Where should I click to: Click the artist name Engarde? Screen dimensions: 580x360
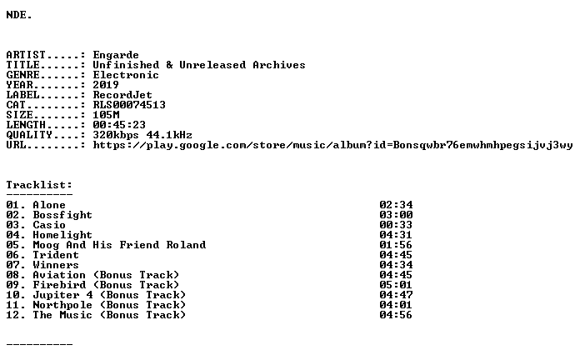coord(116,55)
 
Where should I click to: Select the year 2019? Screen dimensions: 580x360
coord(106,85)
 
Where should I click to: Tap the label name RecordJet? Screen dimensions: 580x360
coord(122,95)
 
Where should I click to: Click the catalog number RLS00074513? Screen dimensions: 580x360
coord(129,105)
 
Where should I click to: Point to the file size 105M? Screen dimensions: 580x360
coord(106,115)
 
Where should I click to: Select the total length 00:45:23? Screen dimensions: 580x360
coord(119,125)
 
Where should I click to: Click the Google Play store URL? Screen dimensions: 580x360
coord(332,145)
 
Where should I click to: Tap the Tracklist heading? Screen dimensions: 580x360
coord(39,185)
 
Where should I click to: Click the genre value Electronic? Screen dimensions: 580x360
coord(126,75)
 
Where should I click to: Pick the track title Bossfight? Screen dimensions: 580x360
coord(62,215)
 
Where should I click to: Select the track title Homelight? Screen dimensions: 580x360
coord(62,235)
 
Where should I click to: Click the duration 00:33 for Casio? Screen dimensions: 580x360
coord(396,225)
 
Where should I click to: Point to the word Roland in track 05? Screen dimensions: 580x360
coord(186,245)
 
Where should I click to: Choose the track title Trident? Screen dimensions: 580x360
coord(56,255)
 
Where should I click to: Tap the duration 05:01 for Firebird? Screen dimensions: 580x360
coord(396,285)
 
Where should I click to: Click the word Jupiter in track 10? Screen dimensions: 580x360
coord(56,295)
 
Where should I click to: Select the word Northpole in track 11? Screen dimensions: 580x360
coord(62,305)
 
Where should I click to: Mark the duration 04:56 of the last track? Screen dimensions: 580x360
coord(396,315)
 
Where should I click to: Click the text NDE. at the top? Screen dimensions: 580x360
coord(19,15)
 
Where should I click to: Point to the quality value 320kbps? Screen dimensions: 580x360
coord(116,135)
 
